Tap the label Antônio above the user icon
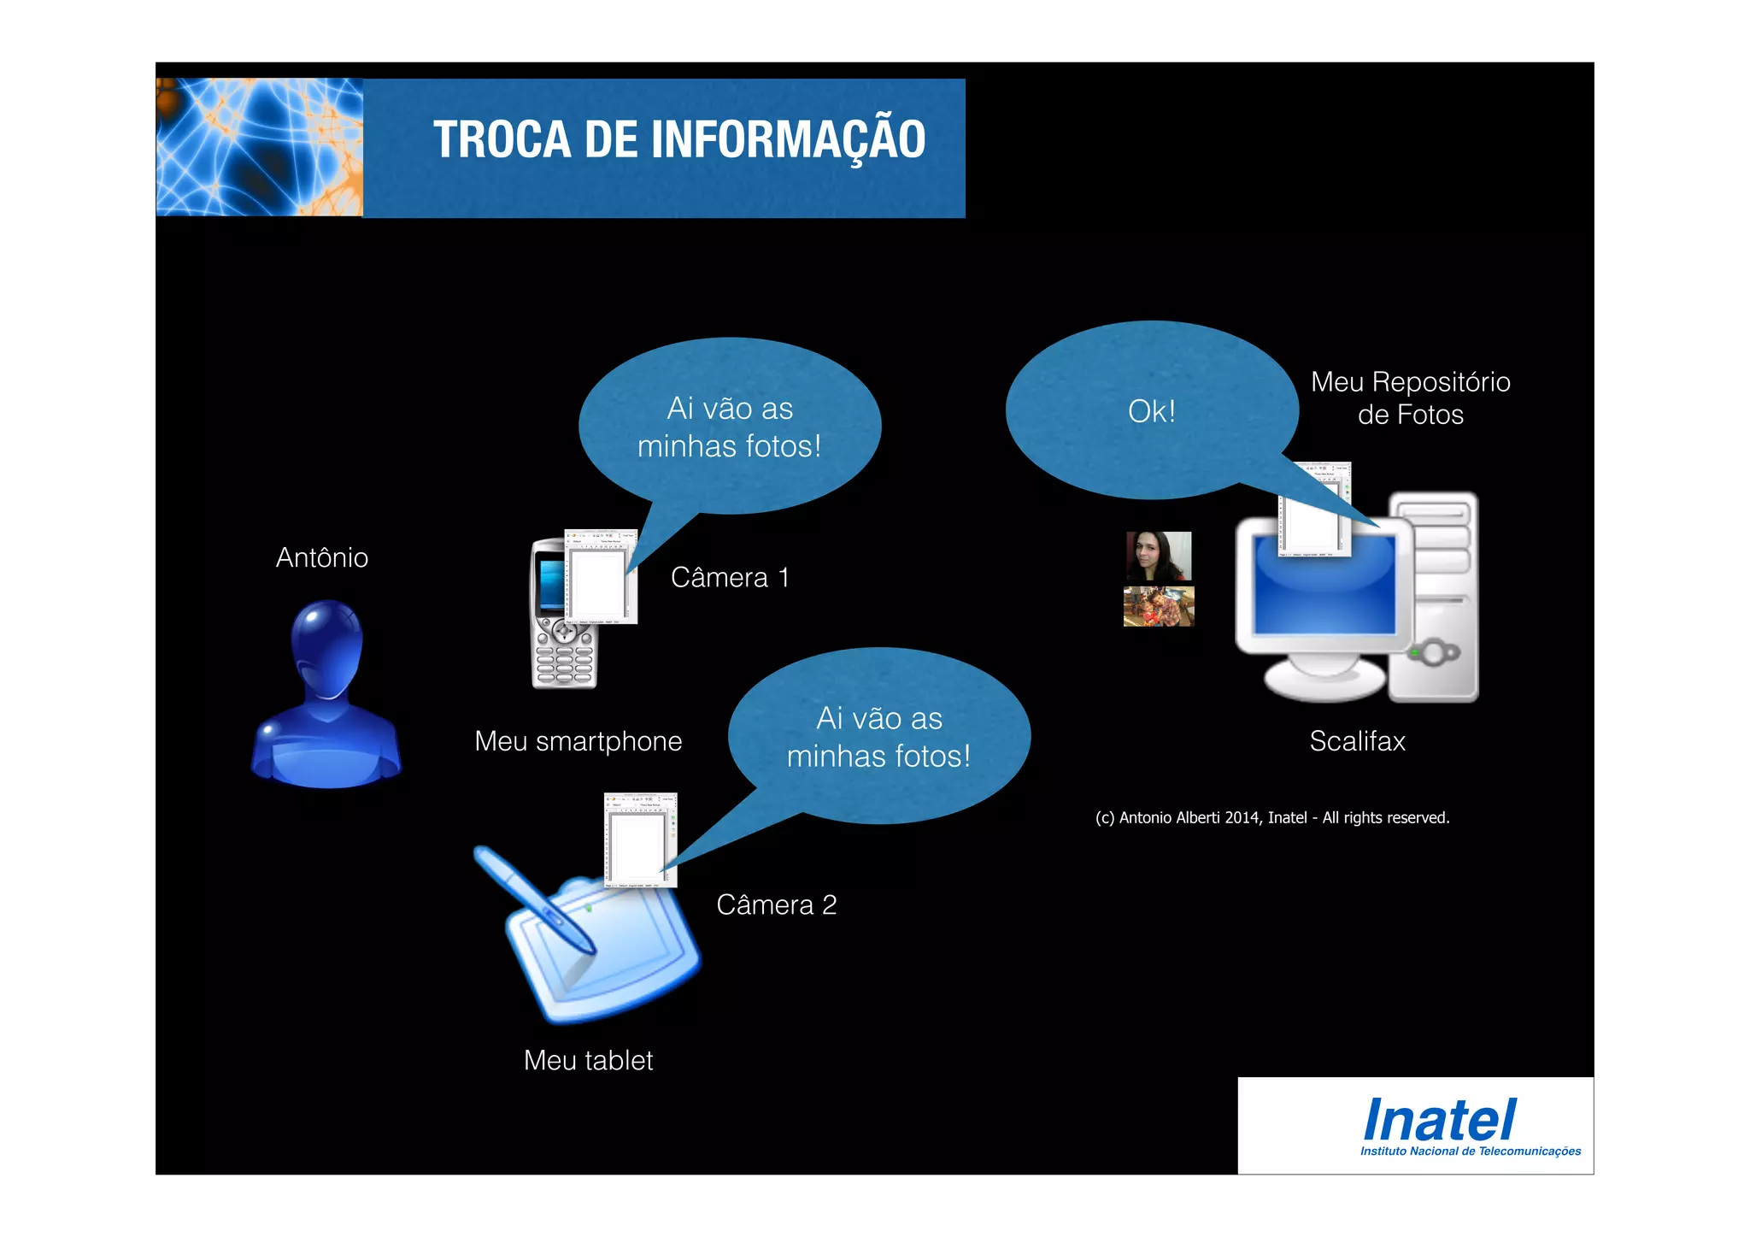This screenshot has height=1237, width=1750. [322, 558]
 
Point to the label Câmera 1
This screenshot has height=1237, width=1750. [730, 578]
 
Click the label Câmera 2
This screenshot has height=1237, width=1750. [776, 904]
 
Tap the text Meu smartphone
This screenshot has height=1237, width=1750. [578, 741]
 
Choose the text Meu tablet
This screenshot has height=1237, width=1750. [588, 1061]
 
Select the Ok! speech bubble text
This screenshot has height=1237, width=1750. [1151, 411]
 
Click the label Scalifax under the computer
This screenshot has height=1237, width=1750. [1357, 741]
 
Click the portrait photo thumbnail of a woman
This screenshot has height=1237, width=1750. [1159, 556]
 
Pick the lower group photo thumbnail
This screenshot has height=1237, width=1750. [1159, 606]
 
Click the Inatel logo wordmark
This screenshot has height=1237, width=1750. [1439, 1120]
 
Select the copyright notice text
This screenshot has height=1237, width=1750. [1271, 818]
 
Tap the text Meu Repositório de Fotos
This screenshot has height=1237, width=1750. [1410, 398]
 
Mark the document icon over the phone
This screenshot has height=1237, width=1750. [601, 577]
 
